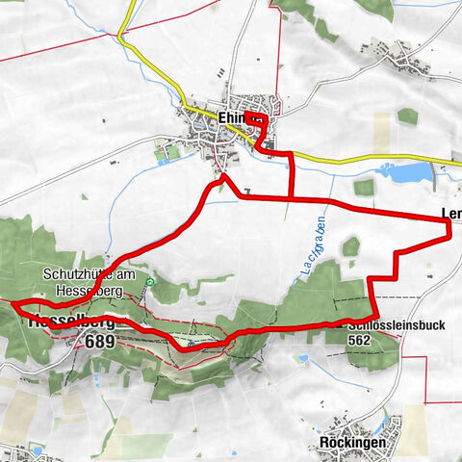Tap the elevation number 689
pyautogui.click(x=99, y=341)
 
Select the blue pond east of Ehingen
pyautogui.click(x=405, y=173)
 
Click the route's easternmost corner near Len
pyautogui.click(x=449, y=221)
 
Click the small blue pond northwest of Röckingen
pyautogui.click(x=303, y=359)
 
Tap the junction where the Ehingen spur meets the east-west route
pyautogui.click(x=291, y=197)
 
